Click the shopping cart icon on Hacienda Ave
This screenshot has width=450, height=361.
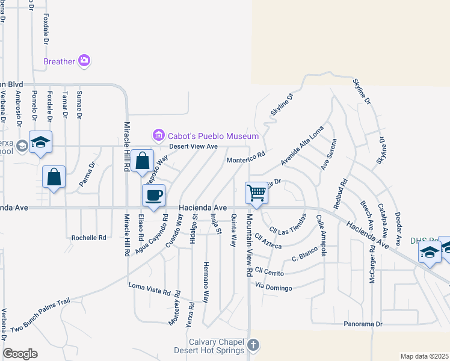tap(256, 193)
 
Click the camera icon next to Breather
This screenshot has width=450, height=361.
tap(84, 61)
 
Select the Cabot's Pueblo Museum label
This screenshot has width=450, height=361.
tap(213, 136)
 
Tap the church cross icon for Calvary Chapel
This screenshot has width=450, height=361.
tap(253, 345)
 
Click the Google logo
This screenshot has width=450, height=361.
tap(20, 354)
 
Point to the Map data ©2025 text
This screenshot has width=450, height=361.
tap(424, 356)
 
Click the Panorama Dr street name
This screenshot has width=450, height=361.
tap(363, 324)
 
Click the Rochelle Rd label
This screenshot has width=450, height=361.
tap(88, 238)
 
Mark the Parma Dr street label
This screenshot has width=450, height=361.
tap(87, 174)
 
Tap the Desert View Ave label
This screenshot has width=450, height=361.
tap(193, 146)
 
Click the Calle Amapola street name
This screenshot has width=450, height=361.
tap(321, 236)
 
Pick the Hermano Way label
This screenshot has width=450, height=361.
tap(206, 282)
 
